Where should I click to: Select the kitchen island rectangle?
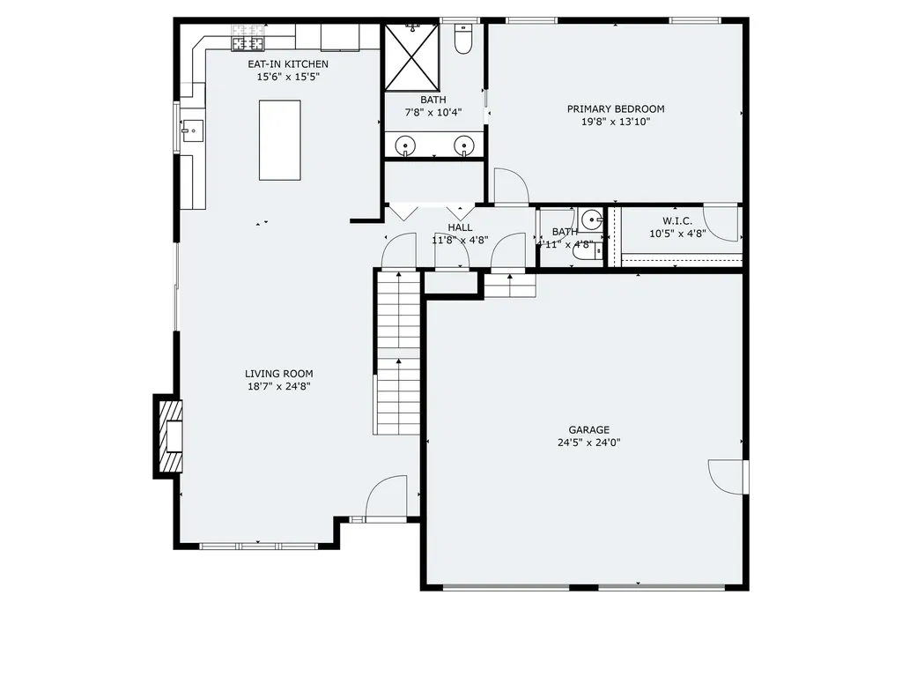(279, 140)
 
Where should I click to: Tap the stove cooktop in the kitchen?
(248, 41)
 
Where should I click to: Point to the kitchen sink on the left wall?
(191, 130)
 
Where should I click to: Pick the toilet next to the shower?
(463, 40)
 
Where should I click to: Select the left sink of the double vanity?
(405, 145)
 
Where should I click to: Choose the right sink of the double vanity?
(463, 145)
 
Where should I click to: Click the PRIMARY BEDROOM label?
(616, 109)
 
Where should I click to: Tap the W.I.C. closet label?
(677, 220)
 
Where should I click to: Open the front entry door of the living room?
(387, 499)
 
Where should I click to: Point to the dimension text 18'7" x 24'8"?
(279, 386)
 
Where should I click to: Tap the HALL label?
(460, 227)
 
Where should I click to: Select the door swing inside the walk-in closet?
(721, 224)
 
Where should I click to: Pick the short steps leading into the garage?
(510, 286)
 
